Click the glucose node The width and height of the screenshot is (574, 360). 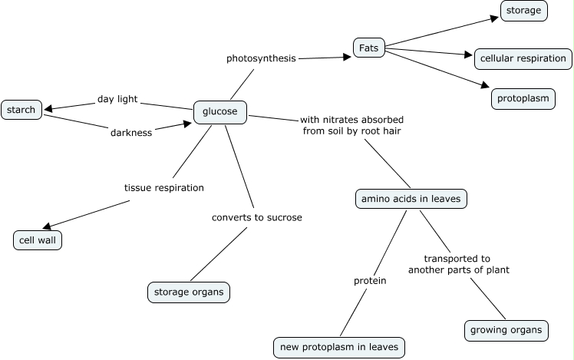(219, 112)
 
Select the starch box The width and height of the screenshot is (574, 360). (21, 110)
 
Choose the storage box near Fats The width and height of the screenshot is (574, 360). (524, 10)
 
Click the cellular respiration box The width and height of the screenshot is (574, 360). (523, 58)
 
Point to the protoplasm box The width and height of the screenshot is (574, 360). (523, 99)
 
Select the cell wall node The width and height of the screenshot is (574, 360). (38, 239)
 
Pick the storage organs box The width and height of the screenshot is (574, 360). (188, 292)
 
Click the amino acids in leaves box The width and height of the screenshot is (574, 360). (411, 199)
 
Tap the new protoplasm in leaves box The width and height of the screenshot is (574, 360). (338, 347)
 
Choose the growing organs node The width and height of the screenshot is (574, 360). (506, 331)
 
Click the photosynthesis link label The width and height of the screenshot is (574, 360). (261, 58)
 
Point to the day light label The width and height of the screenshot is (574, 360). (117, 100)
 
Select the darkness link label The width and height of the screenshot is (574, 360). (131, 132)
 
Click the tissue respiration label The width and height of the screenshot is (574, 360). (164, 187)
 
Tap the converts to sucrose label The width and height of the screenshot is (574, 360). (257, 217)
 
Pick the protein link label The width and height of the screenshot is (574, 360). (369, 281)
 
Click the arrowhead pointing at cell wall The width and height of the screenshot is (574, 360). (47, 226)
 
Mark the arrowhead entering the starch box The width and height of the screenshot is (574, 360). (48, 108)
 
